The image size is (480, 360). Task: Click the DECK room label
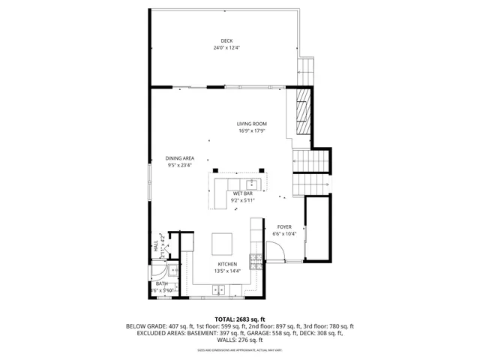226,40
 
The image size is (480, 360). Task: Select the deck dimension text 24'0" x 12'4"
226,48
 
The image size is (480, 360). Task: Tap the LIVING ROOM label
252,124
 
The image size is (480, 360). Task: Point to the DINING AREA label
181,158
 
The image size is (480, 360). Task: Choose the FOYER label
284,226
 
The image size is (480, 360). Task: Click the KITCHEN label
227,264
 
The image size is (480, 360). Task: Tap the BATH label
162,283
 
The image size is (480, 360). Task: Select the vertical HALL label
157,245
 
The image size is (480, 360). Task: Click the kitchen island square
223,245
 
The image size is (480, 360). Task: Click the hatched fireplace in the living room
301,113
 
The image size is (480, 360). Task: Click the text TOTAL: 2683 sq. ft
240,319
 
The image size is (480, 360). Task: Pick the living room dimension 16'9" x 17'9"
252,131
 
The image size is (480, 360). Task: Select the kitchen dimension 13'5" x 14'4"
227,271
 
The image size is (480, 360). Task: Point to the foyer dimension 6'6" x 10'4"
284,234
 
